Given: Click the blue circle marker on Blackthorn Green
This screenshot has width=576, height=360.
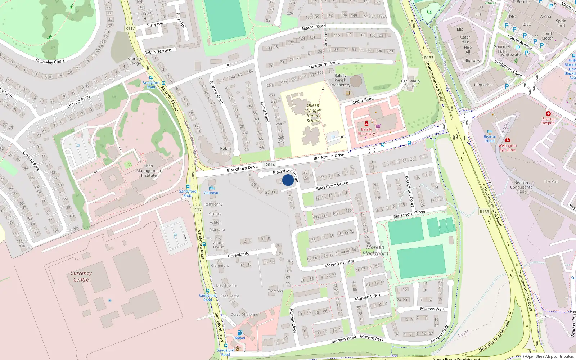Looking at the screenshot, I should point(288,180).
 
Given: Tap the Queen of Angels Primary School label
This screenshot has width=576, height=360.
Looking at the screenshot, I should point(313,113).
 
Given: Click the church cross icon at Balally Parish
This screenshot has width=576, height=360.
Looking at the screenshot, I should point(356,81).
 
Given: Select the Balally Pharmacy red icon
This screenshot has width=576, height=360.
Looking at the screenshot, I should point(366,124).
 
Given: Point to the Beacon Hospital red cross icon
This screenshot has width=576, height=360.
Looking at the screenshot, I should point(548,114).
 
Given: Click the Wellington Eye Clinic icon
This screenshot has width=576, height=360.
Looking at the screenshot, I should point(508,140).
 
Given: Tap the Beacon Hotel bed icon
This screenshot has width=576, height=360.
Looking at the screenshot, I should point(490,132).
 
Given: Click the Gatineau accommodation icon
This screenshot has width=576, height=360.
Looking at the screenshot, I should point(211,188).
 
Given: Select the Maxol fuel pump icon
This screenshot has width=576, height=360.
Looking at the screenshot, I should point(240,333).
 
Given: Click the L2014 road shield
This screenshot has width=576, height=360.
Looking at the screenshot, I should point(269,165).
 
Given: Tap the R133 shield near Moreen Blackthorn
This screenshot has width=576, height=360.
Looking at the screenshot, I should point(484,212).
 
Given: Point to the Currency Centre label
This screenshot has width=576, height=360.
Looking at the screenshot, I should point(81,276).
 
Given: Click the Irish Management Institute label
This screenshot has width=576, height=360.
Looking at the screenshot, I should point(149,171).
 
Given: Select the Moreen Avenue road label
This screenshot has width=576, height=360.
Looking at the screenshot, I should point(339,263).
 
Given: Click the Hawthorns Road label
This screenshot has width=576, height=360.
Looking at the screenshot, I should point(324,65).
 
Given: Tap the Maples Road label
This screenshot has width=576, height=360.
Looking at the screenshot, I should point(314,27).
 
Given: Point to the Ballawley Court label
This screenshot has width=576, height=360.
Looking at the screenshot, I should point(50,61).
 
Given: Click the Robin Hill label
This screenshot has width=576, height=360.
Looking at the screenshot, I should point(225,150).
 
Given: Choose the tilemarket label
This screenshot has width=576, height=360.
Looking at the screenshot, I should point(483,85).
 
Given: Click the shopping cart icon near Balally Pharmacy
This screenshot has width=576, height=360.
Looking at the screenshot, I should point(378,126).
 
